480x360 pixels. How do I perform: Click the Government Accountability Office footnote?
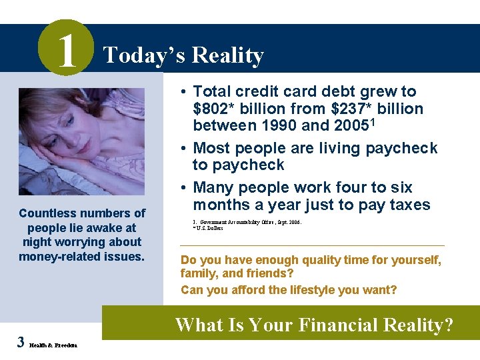[x=247, y=221]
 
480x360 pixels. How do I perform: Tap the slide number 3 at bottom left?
[x=21, y=343]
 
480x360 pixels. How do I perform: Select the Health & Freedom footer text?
[x=53, y=345]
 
